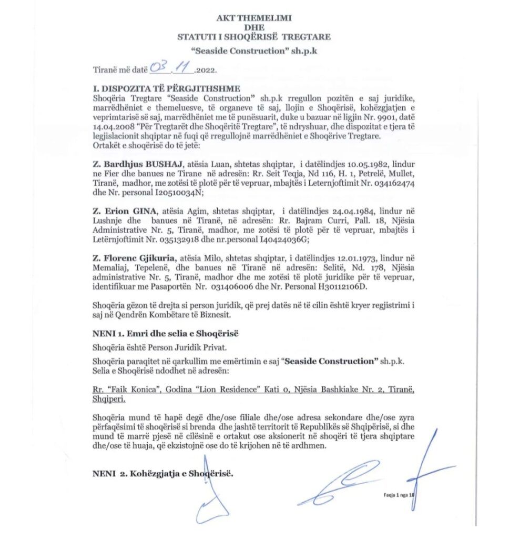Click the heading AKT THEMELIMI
254,18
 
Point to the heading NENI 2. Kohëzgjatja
163,473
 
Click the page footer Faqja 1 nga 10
399,495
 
